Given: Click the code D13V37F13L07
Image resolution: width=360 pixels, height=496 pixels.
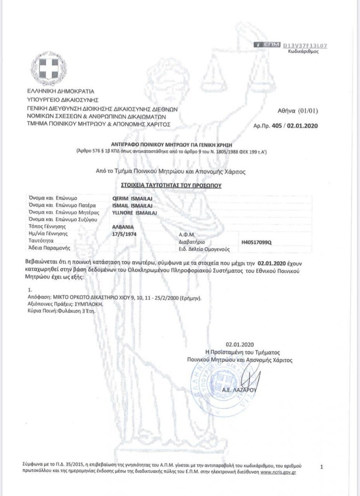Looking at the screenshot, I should pyautogui.click(x=305, y=46).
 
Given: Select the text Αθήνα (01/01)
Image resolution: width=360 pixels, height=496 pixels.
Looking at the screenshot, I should pyautogui.click(x=298, y=111).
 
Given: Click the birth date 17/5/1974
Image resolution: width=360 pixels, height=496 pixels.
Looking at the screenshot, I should pyautogui.click(x=125, y=234).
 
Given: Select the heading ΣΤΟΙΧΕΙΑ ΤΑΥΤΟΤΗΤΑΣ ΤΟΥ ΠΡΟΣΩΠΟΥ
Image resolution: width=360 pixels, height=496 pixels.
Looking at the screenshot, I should pyautogui.click(x=171, y=186).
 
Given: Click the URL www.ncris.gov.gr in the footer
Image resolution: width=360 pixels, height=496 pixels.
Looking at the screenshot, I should pyautogui.click(x=278, y=472).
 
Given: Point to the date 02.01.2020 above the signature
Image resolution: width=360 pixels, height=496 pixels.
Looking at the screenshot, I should pyautogui.click(x=240, y=344).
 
